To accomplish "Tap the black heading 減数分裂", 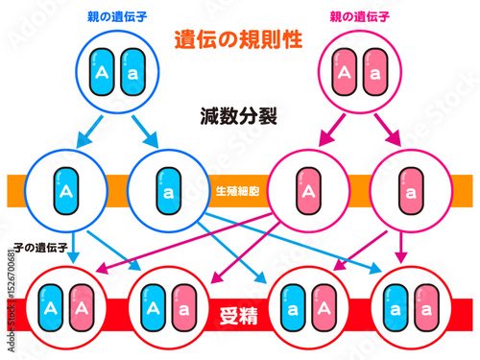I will tap(239, 117).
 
